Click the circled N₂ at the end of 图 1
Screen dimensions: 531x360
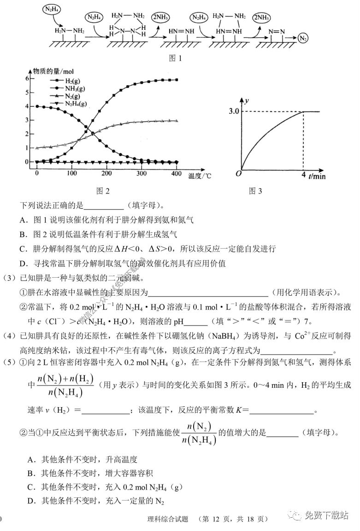click(x=303, y=38)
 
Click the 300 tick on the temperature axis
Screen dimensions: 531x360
click(x=142, y=173)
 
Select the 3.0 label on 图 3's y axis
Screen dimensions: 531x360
click(x=234, y=111)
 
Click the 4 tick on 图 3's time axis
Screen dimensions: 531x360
click(x=303, y=175)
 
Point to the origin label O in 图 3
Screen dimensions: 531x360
click(x=238, y=174)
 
